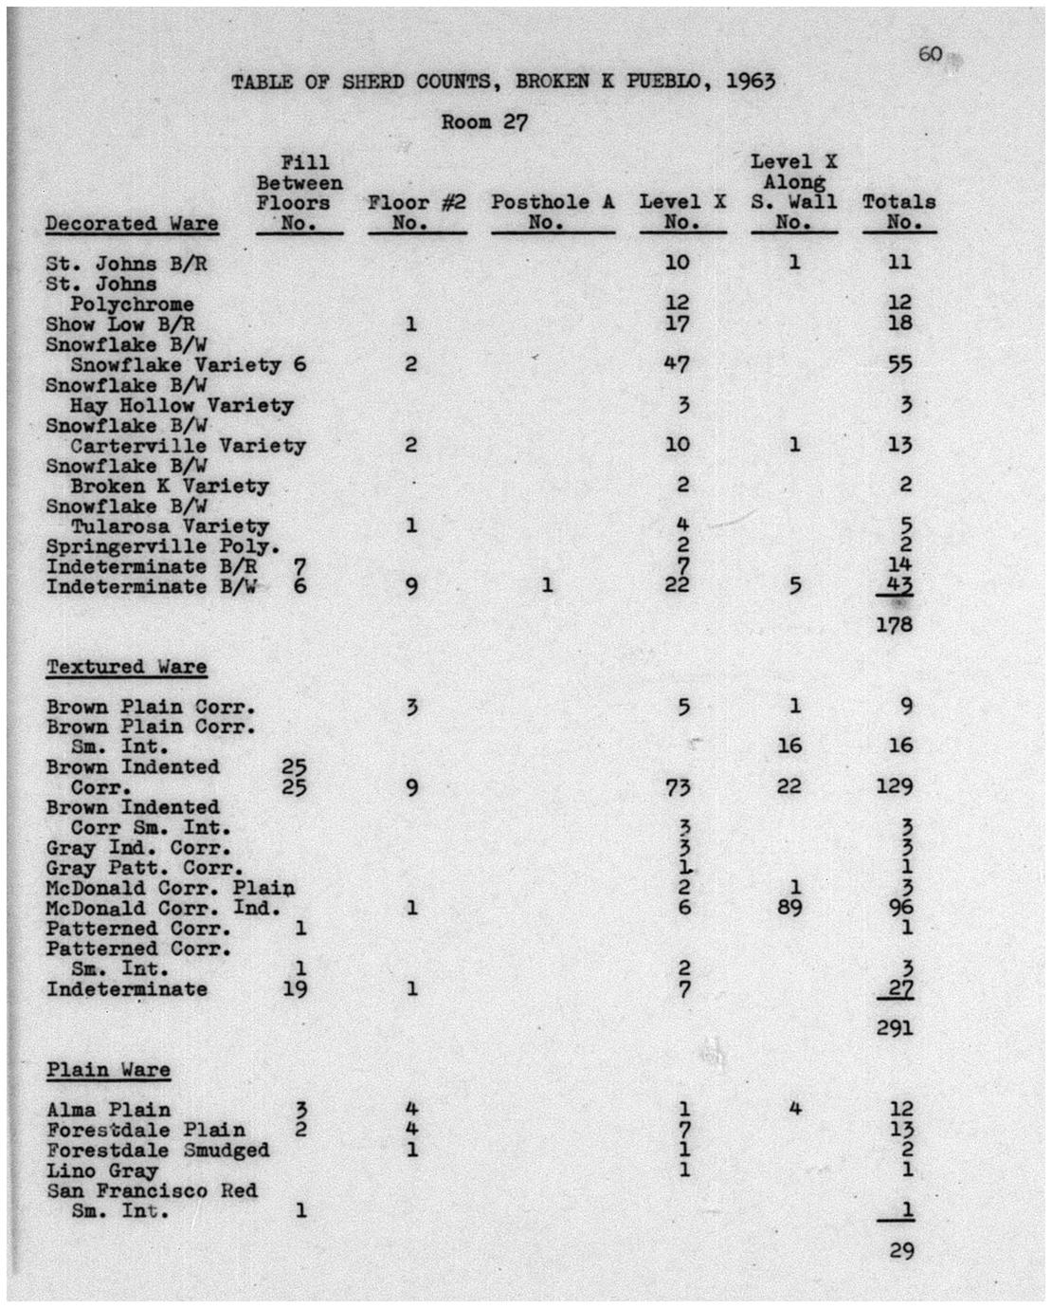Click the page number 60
930,54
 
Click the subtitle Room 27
484,122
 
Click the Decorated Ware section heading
132,224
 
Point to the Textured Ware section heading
127,667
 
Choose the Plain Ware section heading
109,1070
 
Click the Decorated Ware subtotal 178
895,625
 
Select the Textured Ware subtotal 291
895,1027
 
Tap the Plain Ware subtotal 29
901,1250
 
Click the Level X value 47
677,364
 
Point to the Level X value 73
677,787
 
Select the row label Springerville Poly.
163,546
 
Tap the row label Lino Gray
102,1170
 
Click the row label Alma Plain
109,1110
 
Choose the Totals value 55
899,365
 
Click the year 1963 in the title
751,81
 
